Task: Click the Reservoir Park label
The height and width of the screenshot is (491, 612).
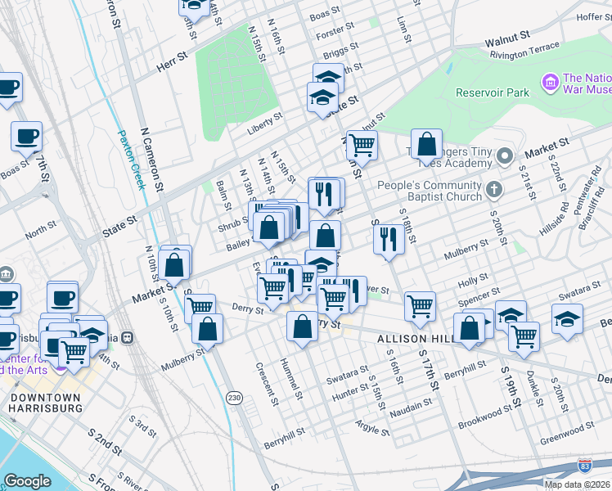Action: click(493, 92)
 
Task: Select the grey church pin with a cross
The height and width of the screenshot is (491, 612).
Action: click(493, 190)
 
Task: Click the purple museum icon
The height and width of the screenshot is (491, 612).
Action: click(550, 82)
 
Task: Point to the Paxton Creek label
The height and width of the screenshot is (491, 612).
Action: click(130, 160)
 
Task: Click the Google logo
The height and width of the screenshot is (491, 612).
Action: click(28, 480)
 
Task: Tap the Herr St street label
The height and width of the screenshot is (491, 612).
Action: click(169, 65)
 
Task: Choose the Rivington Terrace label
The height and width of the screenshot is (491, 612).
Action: click(524, 51)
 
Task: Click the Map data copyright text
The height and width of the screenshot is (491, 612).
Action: click(576, 484)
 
